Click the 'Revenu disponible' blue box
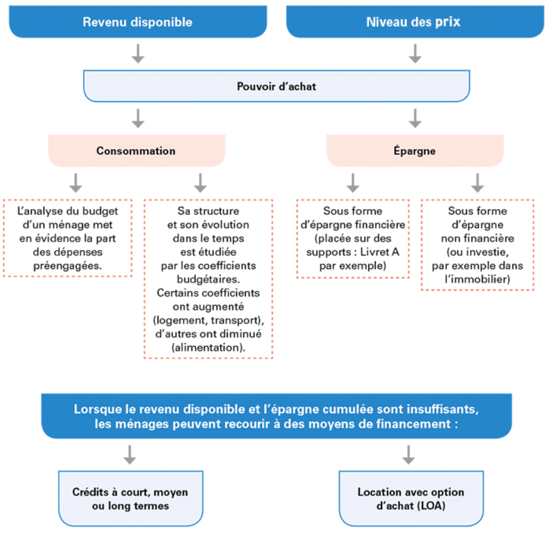pyautogui.click(x=138, y=21)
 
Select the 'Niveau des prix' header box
pyautogui.click(x=415, y=21)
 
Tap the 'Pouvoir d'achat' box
pyautogui.click(x=276, y=86)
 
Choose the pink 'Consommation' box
pyautogui.click(x=137, y=150)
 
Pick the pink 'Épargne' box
pyautogui.click(x=415, y=150)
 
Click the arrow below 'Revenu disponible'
pyautogui.click(x=138, y=53)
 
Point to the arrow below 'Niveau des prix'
pyautogui.click(x=415, y=53)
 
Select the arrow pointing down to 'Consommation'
pyautogui.click(x=138, y=118)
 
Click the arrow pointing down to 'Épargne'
pyautogui.click(x=415, y=118)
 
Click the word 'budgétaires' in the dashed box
pyautogui.click(x=207, y=279)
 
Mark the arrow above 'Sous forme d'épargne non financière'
pyautogui.click(x=477, y=183)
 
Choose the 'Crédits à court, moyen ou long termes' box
pyautogui.click(x=131, y=498)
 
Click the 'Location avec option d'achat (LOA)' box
pyautogui.click(x=411, y=498)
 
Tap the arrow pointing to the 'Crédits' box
pyautogui.click(x=130, y=455)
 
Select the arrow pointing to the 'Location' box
pyautogui.click(x=409, y=455)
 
